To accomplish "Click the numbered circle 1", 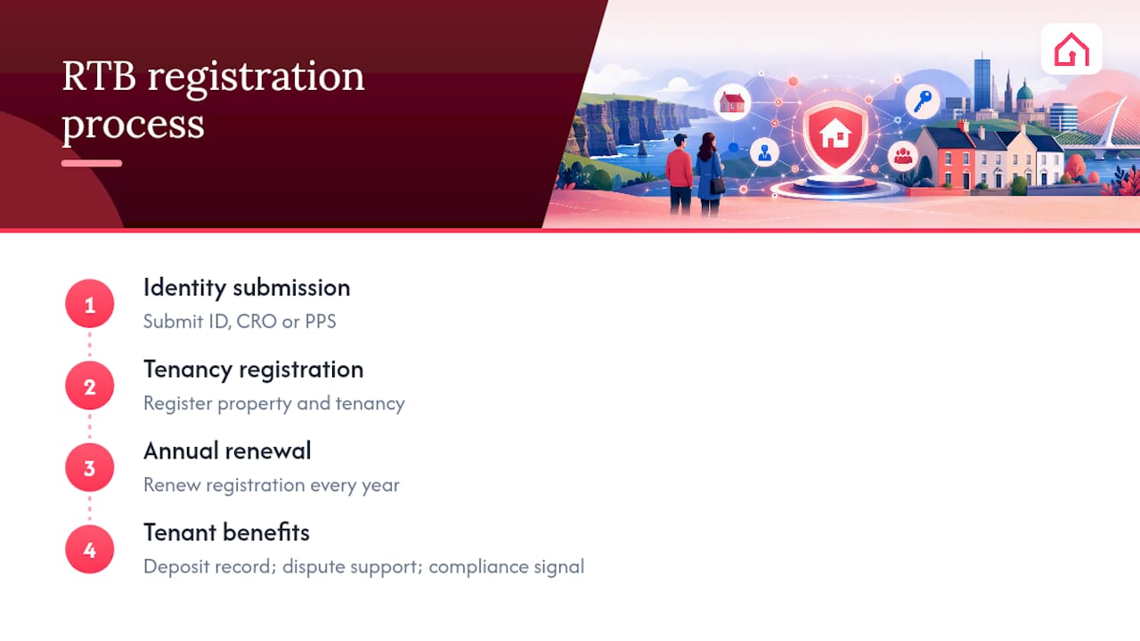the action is click(90, 304).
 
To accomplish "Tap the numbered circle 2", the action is click(90, 385).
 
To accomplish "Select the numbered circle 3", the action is click(90, 467).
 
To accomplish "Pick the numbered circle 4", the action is click(90, 549).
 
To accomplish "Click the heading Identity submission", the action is click(247, 288).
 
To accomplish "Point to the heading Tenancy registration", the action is click(254, 369).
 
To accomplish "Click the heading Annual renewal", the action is click(227, 451).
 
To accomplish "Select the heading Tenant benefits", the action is click(226, 532).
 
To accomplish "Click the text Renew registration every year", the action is click(272, 485).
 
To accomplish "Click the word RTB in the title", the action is click(99, 77).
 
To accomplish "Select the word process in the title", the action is click(134, 126).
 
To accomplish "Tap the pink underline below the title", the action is click(92, 163).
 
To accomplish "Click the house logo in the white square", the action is click(1071, 49).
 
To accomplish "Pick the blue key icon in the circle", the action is click(922, 101).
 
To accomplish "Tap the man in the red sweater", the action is click(680, 174).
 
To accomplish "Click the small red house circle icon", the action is click(732, 101).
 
